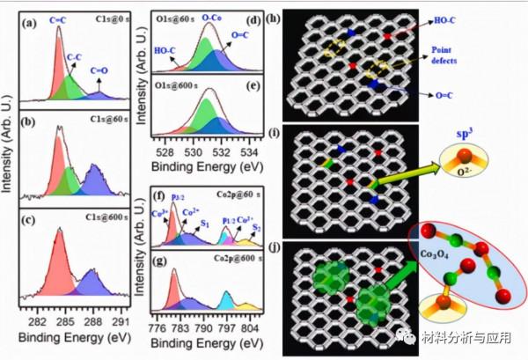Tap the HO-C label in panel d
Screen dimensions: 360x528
pos(165,51)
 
